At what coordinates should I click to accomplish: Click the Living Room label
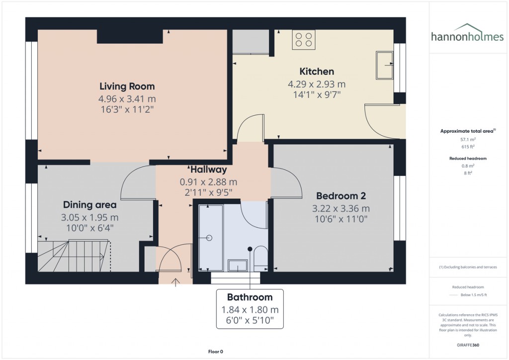coord(127,86)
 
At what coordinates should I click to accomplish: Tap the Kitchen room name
coord(317,71)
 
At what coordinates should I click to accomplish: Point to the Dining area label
coord(89,204)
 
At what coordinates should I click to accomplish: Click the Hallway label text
coord(208,170)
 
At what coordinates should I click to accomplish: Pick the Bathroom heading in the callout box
coord(250,297)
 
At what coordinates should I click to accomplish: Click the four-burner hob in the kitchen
coord(303,39)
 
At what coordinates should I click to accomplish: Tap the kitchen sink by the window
coord(384,65)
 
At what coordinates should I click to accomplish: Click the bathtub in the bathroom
coord(211,238)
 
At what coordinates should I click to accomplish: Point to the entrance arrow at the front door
coord(175,282)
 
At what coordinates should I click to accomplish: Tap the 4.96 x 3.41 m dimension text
coord(127,99)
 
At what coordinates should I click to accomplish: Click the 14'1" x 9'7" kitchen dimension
coord(317,94)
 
